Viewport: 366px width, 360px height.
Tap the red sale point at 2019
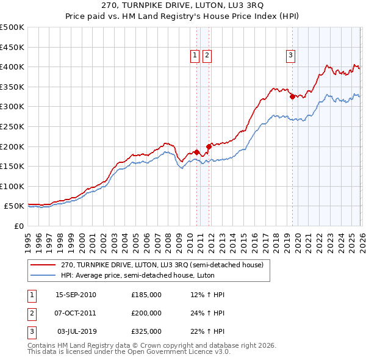pyautogui.click(x=292, y=96)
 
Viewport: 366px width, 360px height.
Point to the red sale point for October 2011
pyautogui.click(x=209, y=146)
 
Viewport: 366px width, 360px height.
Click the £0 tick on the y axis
pyautogui.click(x=19, y=226)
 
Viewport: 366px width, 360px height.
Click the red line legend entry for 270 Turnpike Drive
pyautogui.click(x=162, y=265)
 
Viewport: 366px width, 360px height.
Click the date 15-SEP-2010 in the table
pyautogui.click(x=76, y=295)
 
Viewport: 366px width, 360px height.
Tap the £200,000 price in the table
pyautogui.click(x=146, y=313)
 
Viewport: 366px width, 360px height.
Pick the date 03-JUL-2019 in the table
pyautogui.click(x=76, y=331)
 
